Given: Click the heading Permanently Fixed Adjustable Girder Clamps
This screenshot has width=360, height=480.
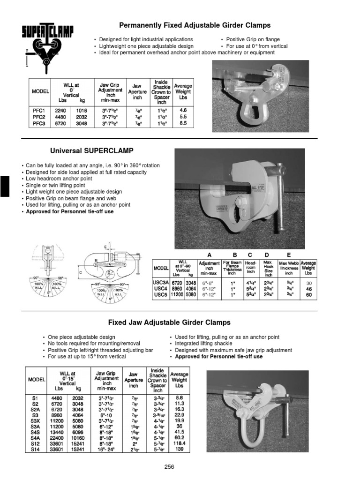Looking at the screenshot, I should [x=195, y=25].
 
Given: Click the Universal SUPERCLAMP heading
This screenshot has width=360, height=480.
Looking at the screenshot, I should [x=91, y=151].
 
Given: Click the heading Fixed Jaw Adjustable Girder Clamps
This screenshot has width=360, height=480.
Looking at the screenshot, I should [x=169, y=322].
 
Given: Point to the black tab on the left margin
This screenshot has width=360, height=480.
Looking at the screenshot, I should [x=4, y=186].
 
